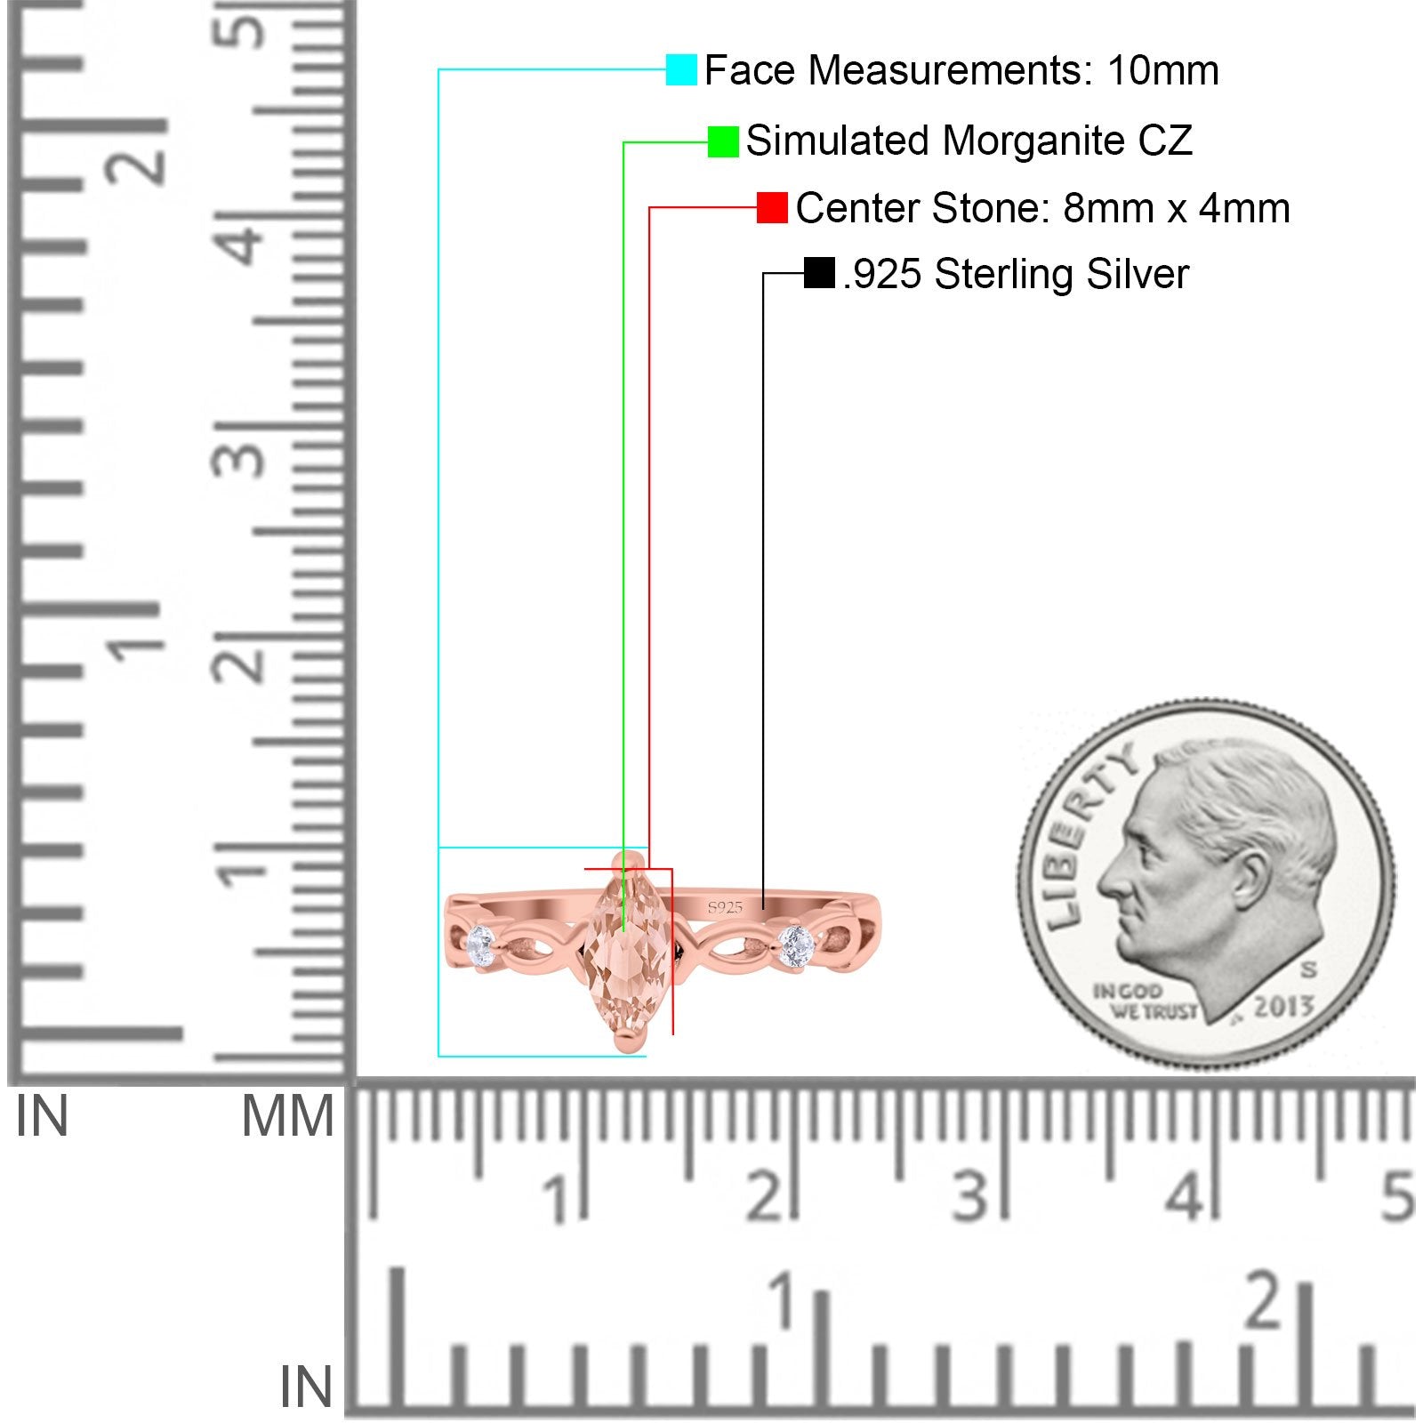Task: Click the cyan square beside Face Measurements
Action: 681,69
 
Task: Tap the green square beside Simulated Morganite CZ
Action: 723,141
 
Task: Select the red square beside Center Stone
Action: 772,208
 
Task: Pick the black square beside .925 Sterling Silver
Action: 818,273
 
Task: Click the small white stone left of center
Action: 481,939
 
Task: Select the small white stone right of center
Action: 794,942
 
